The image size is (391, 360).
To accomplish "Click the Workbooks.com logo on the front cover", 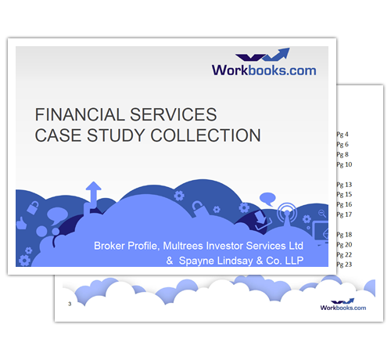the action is click(x=264, y=62).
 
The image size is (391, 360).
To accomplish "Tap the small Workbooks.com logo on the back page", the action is click(x=343, y=304).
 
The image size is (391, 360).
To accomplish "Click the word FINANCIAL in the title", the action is click(x=80, y=114).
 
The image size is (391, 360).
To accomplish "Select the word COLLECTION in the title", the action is click(x=206, y=135).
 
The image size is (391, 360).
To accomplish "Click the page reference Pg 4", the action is click(x=343, y=135).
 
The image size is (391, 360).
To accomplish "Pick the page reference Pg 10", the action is click(x=344, y=164).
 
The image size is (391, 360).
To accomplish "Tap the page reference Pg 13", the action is click(x=344, y=185).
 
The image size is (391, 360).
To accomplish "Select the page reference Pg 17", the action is click(x=344, y=214).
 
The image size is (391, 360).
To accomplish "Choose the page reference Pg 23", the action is click(x=344, y=265).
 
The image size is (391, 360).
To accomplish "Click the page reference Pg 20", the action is click(x=344, y=245).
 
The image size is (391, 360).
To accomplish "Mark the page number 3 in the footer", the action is click(x=70, y=304).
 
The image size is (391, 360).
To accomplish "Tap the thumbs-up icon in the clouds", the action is click(x=22, y=223).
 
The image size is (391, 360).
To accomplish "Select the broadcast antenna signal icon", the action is click(x=287, y=214).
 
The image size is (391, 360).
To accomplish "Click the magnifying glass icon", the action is click(x=322, y=214).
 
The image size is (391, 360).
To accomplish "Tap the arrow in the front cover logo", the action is click(x=276, y=54).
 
